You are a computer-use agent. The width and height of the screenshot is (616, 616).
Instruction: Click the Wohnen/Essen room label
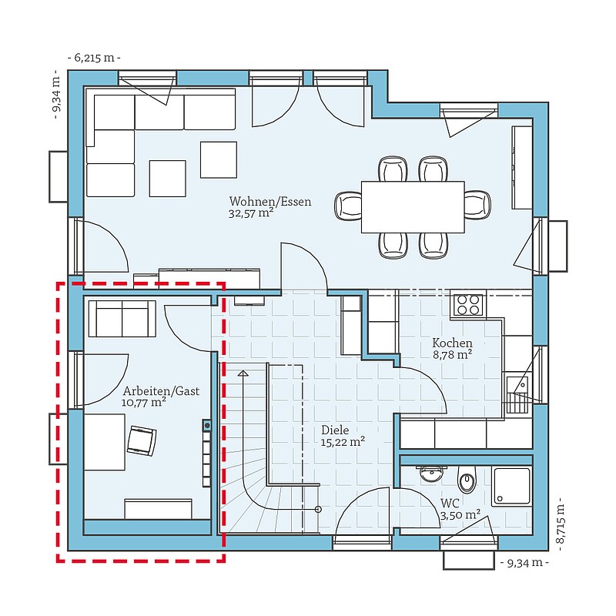click(x=270, y=202)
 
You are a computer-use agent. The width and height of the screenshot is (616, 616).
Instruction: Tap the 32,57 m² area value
click(x=251, y=213)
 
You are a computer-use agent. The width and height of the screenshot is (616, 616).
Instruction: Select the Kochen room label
click(x=452, y=343)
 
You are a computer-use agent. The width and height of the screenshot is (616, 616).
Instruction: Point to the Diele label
click(x=335, y=430)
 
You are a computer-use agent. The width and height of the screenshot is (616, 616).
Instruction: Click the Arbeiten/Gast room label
click(x=161, y=391)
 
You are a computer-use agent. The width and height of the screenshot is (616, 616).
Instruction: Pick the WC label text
click(x=450, y=504)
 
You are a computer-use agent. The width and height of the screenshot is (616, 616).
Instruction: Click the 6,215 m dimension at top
click(x=94, y=59)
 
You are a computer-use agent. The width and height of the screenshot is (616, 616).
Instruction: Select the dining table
click(x=413, y=207)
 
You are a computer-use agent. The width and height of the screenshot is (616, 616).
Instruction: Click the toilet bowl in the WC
click(x=467, y=480)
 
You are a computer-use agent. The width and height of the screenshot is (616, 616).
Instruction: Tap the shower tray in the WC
click(x=511, y=487)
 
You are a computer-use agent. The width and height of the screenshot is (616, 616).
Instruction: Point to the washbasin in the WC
click(x=430, y=474)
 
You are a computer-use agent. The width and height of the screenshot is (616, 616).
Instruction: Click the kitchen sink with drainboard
click(x=517, y=394)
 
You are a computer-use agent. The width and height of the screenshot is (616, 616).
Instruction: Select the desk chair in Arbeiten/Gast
click(x=142, y=440)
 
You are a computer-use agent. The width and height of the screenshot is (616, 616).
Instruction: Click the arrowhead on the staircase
click(x=243, y=373)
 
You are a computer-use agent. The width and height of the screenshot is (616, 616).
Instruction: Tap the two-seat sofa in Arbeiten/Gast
click(x=122, y=319)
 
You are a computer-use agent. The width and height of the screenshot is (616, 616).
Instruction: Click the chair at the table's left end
click(x=348, y=206)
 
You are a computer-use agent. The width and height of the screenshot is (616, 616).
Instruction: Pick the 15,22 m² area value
click(x=343, y=441)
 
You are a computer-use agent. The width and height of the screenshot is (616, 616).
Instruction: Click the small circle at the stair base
click(x=318, y=510)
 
